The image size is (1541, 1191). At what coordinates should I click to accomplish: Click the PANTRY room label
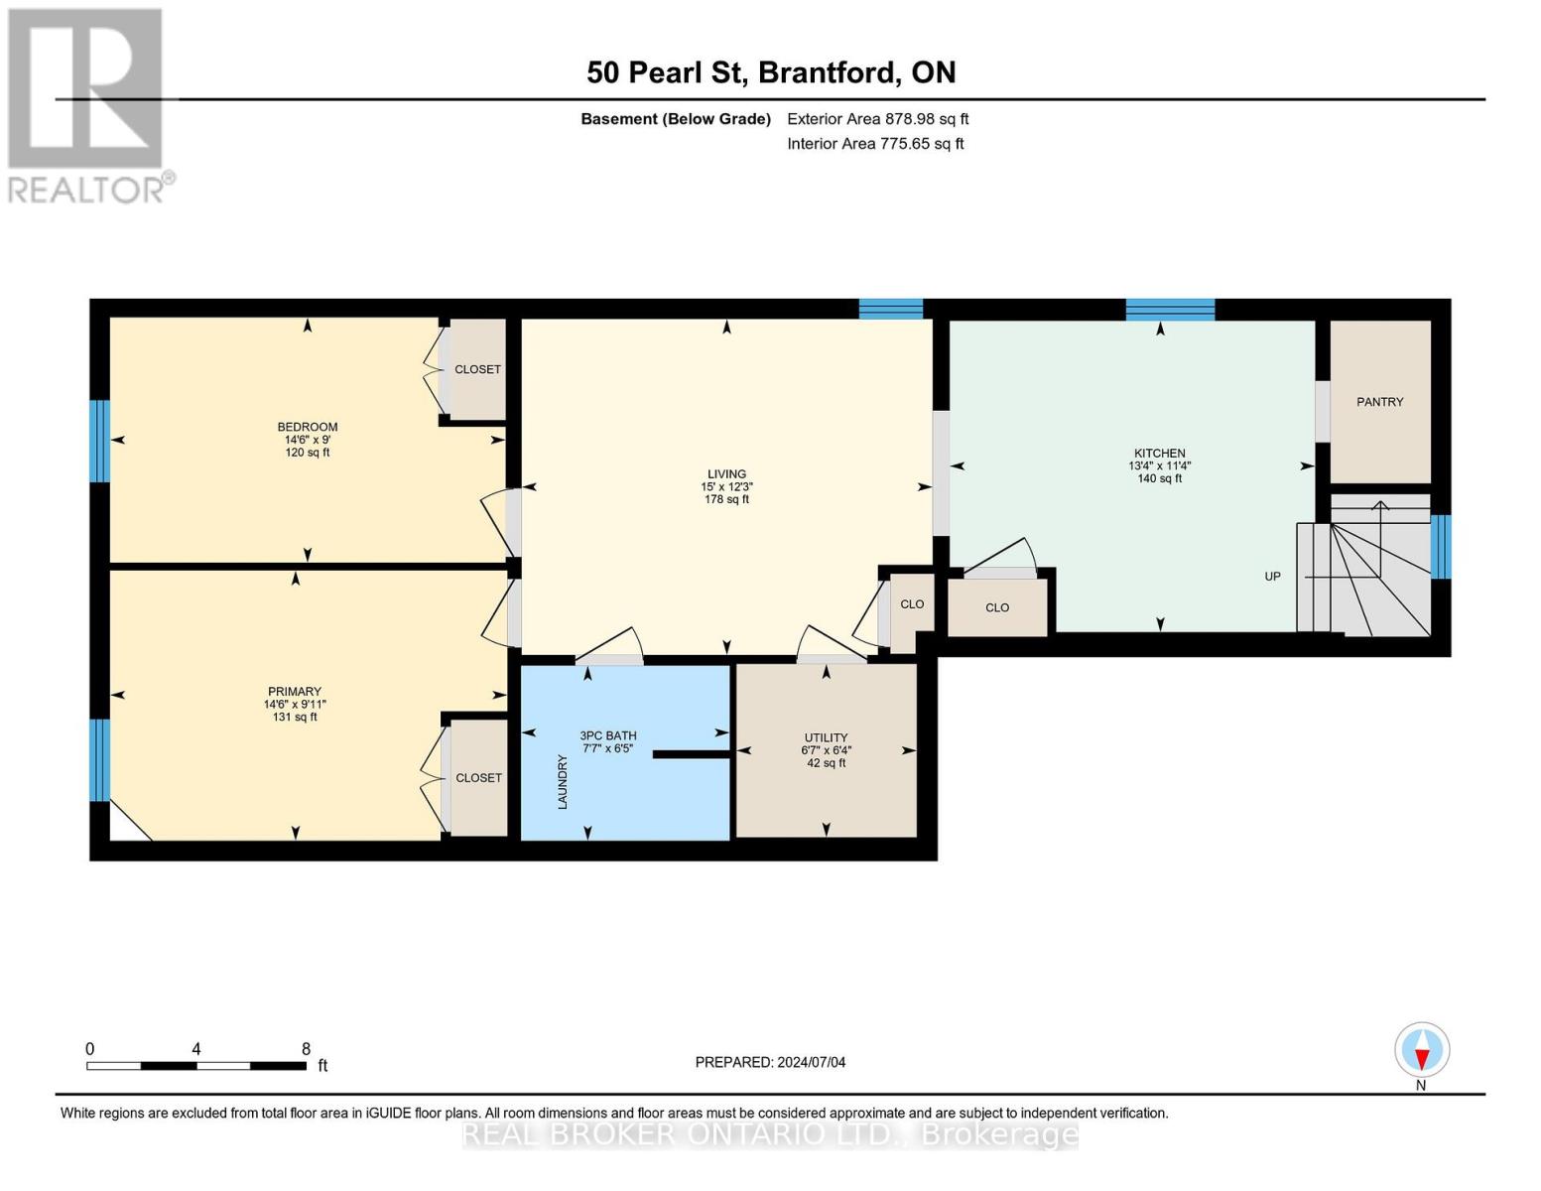(1379, 402)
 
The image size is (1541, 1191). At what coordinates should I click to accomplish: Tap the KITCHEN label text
(1159, 454)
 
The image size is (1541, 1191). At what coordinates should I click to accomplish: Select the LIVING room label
(726, 474)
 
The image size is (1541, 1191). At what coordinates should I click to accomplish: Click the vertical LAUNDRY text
(563, 781)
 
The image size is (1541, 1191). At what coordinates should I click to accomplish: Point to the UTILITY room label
(826, 737)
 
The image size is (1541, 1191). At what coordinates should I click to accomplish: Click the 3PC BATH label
(608, 736)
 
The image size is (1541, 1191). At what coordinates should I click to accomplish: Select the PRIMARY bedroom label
(295, 692)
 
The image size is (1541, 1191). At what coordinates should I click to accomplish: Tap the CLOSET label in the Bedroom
(477, 369)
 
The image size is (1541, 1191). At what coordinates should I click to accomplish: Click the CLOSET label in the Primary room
(478, 778)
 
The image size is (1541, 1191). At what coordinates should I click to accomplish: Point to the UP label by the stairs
(1272, 577)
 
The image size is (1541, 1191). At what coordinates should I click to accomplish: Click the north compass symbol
(1422, 1050)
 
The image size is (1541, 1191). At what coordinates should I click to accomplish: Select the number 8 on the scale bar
(306, 1049)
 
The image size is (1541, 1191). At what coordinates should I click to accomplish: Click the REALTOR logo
(86, 104)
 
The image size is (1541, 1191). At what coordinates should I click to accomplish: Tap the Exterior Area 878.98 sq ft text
(877, 119)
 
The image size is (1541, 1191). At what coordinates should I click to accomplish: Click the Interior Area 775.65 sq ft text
(875, 144)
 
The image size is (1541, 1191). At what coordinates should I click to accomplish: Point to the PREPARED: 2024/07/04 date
(770, 1062)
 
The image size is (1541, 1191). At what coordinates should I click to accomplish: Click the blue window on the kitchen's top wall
(1170, 309)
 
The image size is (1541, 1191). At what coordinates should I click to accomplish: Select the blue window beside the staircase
(1441, 546)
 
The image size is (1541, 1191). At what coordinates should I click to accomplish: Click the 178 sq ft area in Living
(726, 500)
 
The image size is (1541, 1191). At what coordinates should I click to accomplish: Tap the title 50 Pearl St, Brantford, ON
(771, 72)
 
